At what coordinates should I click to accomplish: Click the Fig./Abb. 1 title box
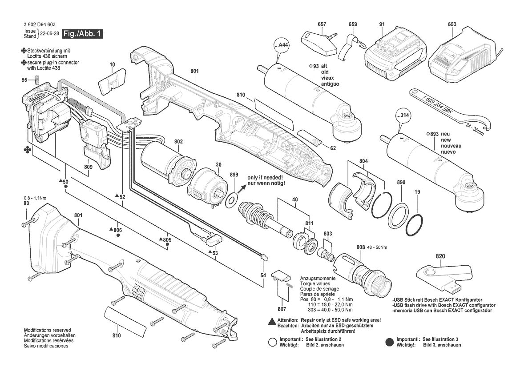tap(83, 33)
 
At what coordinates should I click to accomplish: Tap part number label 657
tap(322, 24)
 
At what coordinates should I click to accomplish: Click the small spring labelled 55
tap(37, 80)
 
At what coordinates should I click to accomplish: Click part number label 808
tap(360, 247)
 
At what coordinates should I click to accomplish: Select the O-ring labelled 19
tap(414, 226)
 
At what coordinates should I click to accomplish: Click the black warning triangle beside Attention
tap(272, 321)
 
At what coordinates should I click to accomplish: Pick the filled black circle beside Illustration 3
tap(390, 342)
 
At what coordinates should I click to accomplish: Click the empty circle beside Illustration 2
tap(272, 342)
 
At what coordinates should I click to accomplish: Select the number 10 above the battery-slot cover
tap(112, 64)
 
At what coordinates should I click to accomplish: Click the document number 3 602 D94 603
tap(40, 24)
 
